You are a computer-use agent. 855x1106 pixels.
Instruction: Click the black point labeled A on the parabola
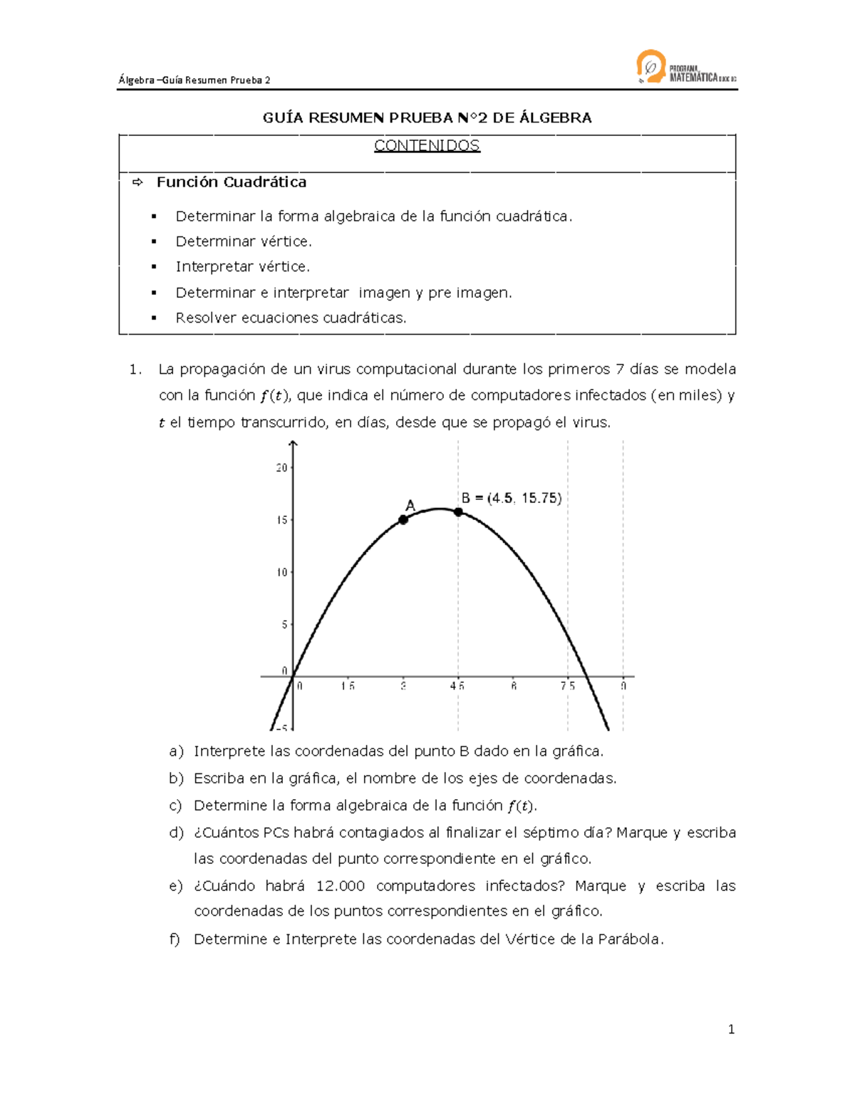(403, 520)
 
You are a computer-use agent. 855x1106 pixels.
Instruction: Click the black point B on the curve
(458, 512)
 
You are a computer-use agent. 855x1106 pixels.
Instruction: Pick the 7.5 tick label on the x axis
(567, 686)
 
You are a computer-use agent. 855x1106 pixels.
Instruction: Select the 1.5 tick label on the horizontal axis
(348, 686)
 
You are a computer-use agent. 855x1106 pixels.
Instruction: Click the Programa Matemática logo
(685, 68)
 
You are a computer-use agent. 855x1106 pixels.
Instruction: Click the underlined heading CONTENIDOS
(427, 146)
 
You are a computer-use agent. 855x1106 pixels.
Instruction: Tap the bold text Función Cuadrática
(232, 182)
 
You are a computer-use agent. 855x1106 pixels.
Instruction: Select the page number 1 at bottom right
(731, 1029)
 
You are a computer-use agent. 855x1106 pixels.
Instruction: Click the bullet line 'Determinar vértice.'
(244, 241)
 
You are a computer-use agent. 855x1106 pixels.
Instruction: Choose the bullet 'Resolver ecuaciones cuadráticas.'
(291, 318)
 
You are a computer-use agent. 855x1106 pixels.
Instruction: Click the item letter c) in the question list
(175, 805)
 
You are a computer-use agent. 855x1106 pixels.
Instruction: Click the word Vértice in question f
(530, 939)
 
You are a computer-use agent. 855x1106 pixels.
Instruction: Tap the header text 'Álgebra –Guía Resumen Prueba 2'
(195, 80)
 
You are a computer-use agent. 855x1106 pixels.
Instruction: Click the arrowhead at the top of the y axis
(294, 444)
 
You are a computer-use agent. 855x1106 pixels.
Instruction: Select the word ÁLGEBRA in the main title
(555, 118)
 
